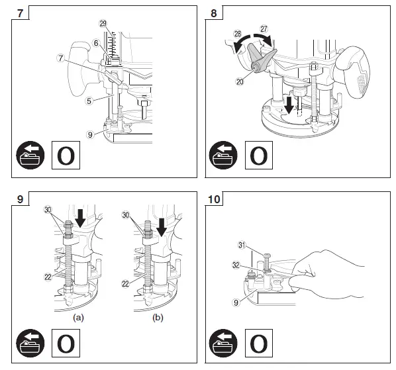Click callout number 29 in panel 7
[x=103, y=24]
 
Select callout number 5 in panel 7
[x=89, y=101]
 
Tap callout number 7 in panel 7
[x=61, y=58]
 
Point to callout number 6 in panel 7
[x=96, y=43]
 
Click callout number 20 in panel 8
[x=240, y=81]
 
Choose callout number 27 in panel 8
[x=264, y=29]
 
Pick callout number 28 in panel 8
[x=238, y=34]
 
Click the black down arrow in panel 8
[x=289, y=105]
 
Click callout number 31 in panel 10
[x=242, y=245]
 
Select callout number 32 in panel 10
[x=236, y=265]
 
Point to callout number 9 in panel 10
[x=236, y=302]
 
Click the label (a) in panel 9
[x=78, y=317]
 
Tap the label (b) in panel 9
[x=158, y=317]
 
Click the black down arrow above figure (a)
[x=81, y=218]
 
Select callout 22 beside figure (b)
[x=126, y=284]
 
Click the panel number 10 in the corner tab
[x=214, y=199]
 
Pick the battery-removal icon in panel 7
[x=30, y=155]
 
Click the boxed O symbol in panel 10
[x=259, y=343]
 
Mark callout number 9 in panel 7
[x=90, y=134]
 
